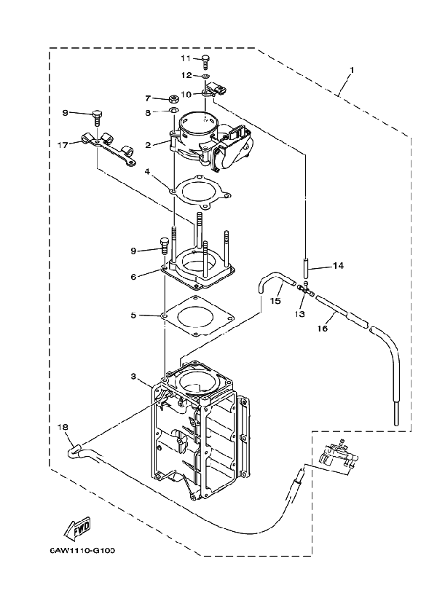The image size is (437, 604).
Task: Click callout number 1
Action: pyautogui.click(x=352, y=71)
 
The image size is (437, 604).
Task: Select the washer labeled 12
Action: pyautogui.click(x=206, y=75)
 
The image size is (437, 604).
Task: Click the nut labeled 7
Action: pyautogui.click(x=173, y=98)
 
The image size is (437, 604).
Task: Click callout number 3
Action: pyautogui.click(x=133, y=376)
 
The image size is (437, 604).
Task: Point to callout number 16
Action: pyautogui.click(x=322, y=329)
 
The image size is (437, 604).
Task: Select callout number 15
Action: pyautogui.click(x=275, y=299)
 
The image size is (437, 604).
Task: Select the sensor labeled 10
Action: pyautogui.click(x=216, y=90)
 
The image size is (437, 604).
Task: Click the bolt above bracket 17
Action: pyautogui.click(x=97, y=114)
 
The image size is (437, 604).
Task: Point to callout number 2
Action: pyautogui.click(x=147, y=145)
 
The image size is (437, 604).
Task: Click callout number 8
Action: pyautogui.click(x=147, y=112)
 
